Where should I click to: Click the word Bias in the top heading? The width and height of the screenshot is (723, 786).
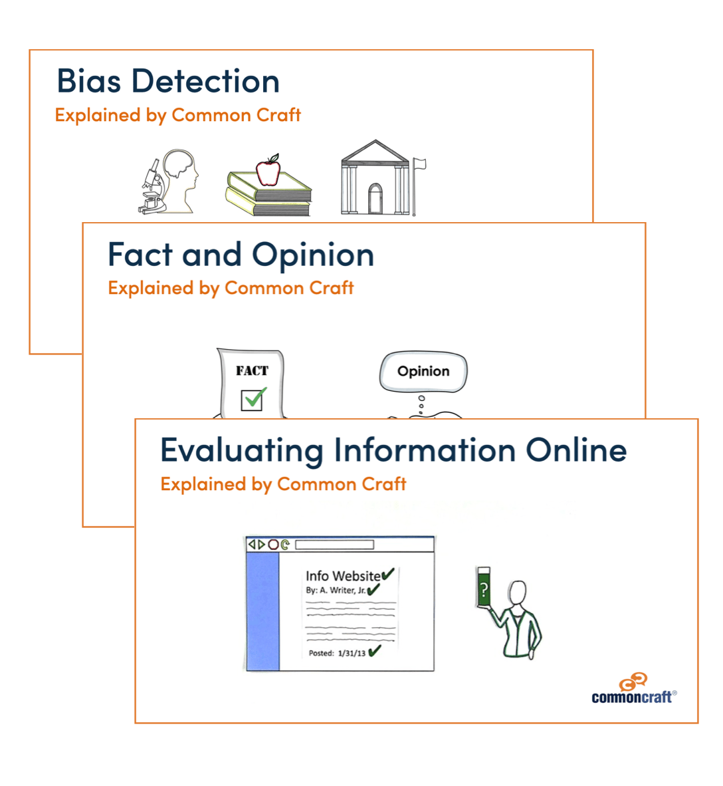pos(88,80)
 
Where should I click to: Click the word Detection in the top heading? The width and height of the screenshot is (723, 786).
pos(205,80)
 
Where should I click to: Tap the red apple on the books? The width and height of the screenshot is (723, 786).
pos(268,170)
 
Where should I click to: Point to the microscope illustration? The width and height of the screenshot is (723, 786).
pos(151,187)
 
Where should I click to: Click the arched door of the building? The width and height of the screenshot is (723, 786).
pos(375,199)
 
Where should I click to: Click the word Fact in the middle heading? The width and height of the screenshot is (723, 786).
pos(140,255)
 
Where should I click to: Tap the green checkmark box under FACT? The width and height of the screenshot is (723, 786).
pos(253,400)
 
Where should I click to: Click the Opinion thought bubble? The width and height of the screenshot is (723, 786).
pos(423,372)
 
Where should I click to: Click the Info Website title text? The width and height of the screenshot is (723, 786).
pos(343,576)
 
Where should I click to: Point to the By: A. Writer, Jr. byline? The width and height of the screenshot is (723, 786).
pos(336,590)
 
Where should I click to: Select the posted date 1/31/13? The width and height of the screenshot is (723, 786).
pos(352,654)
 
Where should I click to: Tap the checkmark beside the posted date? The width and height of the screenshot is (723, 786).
pos(374,651)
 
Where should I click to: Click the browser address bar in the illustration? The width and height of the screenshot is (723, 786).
pos(335,545)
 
